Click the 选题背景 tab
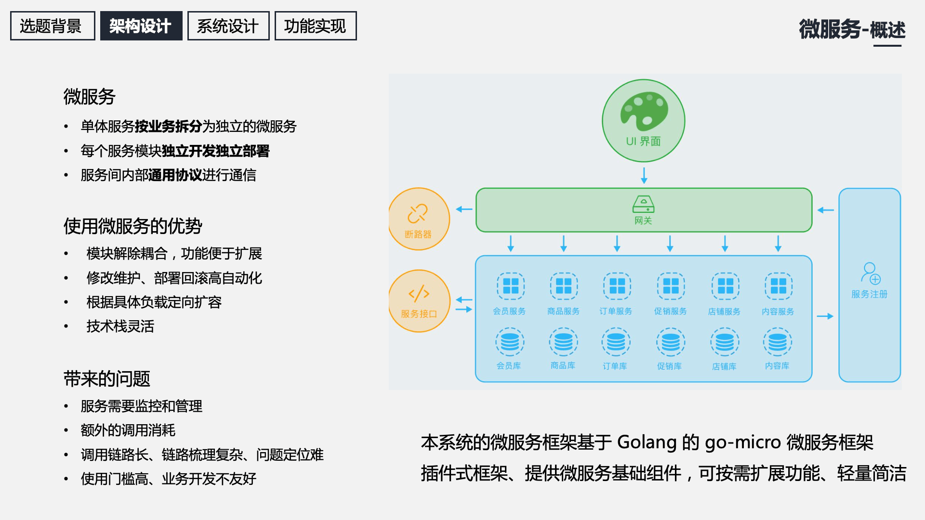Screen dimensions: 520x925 coord(52,26)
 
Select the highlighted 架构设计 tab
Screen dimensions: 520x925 coord(141,26)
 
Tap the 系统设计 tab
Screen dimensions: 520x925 coord(228,26)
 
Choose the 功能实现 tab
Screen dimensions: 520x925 coord(315,26)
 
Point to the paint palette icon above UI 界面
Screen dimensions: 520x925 coord(644,111)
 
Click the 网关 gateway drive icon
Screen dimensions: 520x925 coord(643,204)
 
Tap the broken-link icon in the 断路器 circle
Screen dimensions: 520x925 coord(418,214)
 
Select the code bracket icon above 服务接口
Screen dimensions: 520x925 coord(419,293)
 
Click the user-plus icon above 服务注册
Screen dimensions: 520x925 coord(870,273)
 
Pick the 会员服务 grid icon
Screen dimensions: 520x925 coord(510,286)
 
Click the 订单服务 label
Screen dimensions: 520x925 coord(616,312)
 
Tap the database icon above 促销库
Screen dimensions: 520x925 coord(670,342)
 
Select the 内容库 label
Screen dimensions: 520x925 coord(777,366)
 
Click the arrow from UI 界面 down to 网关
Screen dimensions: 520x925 coord(644,175)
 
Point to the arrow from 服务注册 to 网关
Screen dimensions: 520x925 coord(826,210)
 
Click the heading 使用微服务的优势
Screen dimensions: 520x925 coord(133,226)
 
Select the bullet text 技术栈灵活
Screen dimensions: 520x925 coord(120,326)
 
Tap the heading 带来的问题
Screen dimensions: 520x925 coord(107,379)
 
